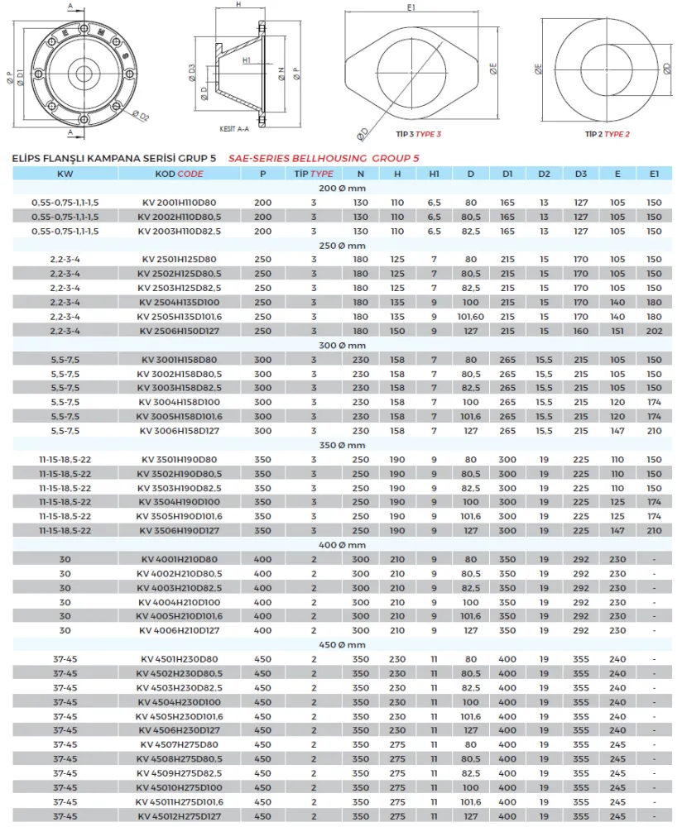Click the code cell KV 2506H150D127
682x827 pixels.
(x=179, y=331)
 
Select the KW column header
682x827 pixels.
(x=65, y=174)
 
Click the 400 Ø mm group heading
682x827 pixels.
(x=341, y=545)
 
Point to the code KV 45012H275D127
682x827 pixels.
(x=179, y=815)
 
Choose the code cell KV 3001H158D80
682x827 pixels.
(x=179, y=360)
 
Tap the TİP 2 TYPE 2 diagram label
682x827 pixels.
(x=608, y=133)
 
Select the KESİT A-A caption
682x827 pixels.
(x=234, y=130)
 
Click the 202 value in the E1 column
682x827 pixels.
(x=654, y=331)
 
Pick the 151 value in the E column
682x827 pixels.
(x=617, y=331)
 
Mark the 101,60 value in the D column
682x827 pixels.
(x=470, y=316)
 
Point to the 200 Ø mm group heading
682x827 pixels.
(x=341, y=188)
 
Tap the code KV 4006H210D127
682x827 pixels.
(x=179, y=630)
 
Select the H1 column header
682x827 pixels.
(x=434, y=174)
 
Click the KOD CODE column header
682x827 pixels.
(x=179, y=174)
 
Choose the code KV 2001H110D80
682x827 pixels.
(x=179, y=203)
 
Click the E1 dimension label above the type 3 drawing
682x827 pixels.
(x=411, y=8)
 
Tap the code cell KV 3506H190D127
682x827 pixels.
(x=179, y=530)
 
